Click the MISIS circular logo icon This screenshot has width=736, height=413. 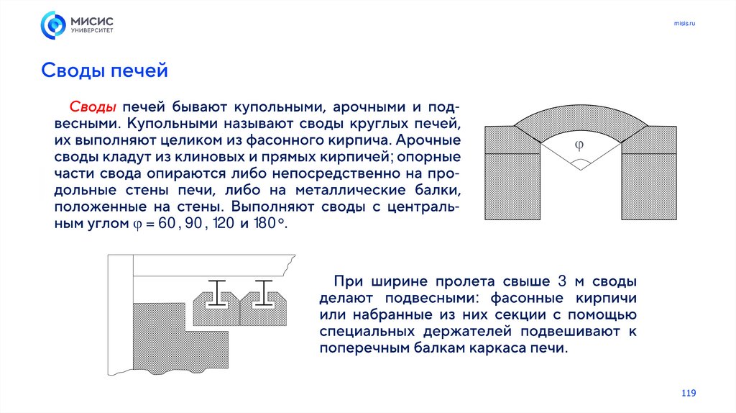53,25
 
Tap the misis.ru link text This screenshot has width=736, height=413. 684,23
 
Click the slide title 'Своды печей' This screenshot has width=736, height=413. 104,71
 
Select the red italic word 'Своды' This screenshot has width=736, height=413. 93,106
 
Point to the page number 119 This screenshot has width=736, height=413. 689,393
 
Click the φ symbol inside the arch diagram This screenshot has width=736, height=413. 579,145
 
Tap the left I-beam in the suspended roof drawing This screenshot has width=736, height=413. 216,294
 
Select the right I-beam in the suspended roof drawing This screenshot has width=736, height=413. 263,294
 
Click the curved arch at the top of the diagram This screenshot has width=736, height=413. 581,116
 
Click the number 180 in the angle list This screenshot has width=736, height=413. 264,223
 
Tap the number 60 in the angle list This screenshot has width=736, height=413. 167,223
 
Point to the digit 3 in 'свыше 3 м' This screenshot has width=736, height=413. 562,281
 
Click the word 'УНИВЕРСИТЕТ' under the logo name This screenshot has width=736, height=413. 92,30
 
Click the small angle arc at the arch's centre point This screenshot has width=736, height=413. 581,162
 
